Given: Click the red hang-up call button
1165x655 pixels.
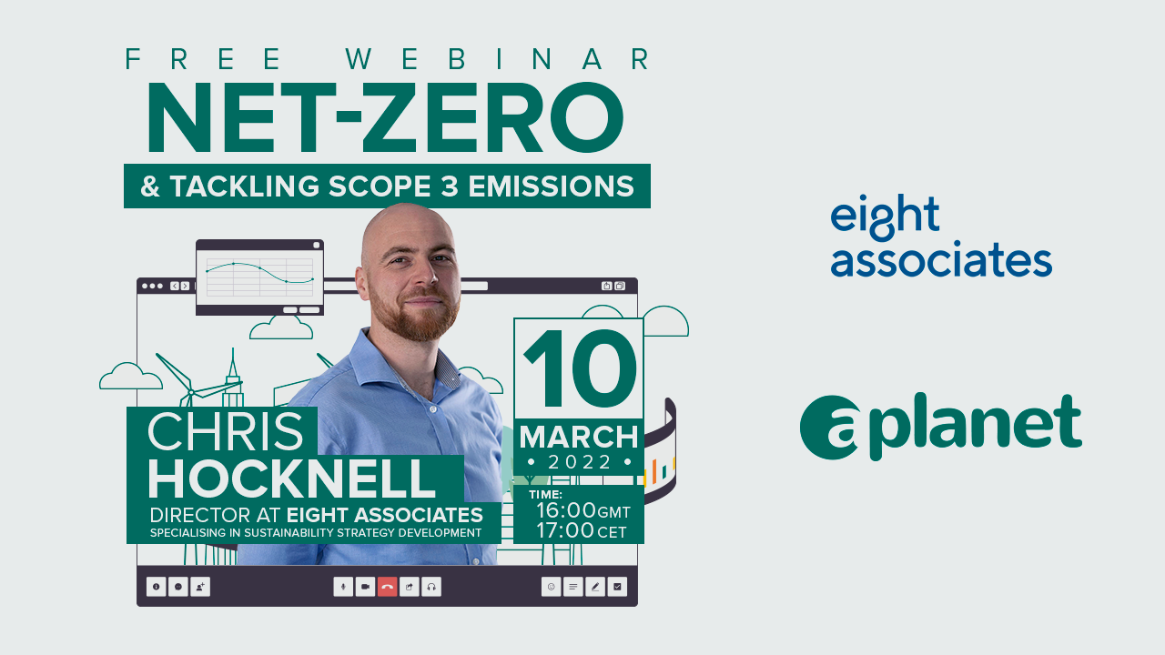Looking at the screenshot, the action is click(387, 587).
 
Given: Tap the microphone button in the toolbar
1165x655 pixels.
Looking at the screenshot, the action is click(343, 587).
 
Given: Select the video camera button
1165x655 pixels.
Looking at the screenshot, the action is click(365, 587).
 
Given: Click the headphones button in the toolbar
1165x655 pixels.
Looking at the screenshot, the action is click(431, 587).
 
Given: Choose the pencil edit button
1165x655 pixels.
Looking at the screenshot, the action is click(595, 587).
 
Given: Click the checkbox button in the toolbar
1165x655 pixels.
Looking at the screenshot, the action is click(617, 587).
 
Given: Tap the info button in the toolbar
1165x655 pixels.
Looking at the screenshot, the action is click(156, 587).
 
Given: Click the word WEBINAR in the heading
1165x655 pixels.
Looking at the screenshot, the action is click(498, 59).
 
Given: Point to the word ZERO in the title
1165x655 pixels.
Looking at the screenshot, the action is click(493, 117).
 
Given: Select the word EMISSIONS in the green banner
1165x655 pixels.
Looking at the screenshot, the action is click(552, 186).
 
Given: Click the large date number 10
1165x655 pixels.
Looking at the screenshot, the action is click(580, 368).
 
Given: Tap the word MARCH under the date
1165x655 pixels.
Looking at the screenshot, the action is click(579, 438).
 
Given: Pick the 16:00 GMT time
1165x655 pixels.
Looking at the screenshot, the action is click(583, 510).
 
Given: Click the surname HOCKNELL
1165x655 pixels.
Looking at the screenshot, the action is click(292, 479).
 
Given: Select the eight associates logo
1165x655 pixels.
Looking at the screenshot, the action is click(941, 236).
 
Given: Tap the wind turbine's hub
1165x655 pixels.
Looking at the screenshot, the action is click(191, 392).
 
